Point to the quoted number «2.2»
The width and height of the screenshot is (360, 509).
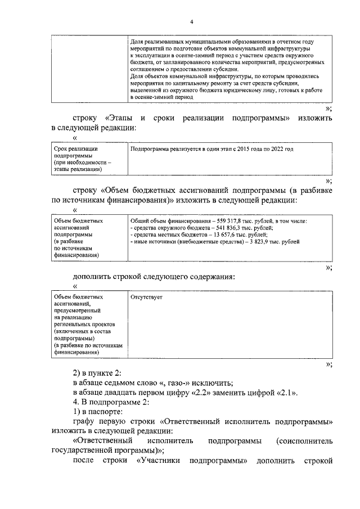(x=217, y=392)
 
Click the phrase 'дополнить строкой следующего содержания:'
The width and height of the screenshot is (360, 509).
(x=154, y=276)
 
